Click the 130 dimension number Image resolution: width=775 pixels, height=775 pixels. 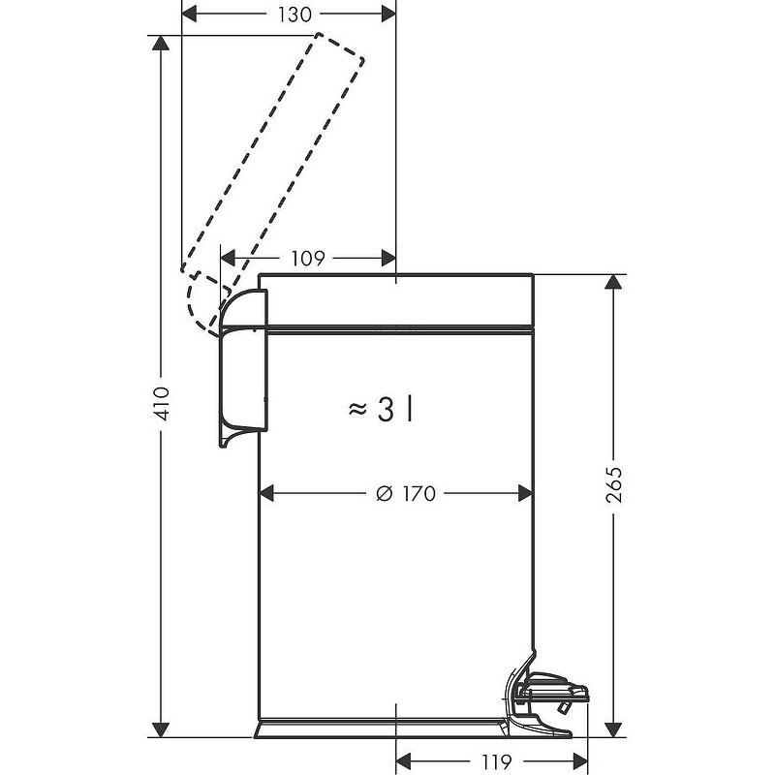tap(294, 15)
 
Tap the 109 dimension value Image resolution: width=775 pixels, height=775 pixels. tap(307, 259)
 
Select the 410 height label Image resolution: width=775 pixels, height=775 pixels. tap(162, 404)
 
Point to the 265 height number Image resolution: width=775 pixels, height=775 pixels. tap(613, 485)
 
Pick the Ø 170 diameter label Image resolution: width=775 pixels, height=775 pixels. tap(406, 493)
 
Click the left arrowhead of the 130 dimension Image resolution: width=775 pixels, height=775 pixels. tap(189, 15)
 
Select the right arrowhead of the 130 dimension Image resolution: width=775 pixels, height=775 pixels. tap(388, 15)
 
